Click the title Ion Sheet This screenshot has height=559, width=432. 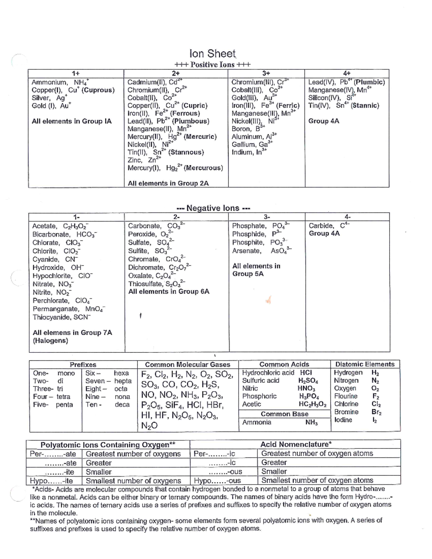click(x=212, y=54)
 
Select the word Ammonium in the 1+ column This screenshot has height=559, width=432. click(x=49, y=82)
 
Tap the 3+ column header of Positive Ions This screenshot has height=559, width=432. click(x=266, y=73)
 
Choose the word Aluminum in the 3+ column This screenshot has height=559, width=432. click(x=247, y=137)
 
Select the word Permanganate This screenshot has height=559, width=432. click(x=55, y=309)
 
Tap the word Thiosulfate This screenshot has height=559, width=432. click(x=145, y=284)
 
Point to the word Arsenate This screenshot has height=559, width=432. click(x=247, y=251)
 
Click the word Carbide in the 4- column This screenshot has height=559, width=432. click(x=321, y=226)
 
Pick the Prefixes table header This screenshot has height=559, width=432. click(x=83, y=365)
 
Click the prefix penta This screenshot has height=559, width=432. click(x=64, y=405)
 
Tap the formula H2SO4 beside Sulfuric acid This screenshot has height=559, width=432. click(x=308, y=380)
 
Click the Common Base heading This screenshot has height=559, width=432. click(x=284, y=414)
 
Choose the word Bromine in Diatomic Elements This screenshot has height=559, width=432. click(x=346, y=412)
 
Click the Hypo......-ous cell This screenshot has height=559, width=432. click(x=217, y=481)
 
